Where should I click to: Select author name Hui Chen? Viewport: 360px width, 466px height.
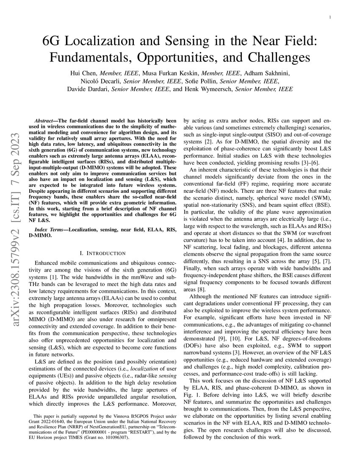[83, 73]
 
